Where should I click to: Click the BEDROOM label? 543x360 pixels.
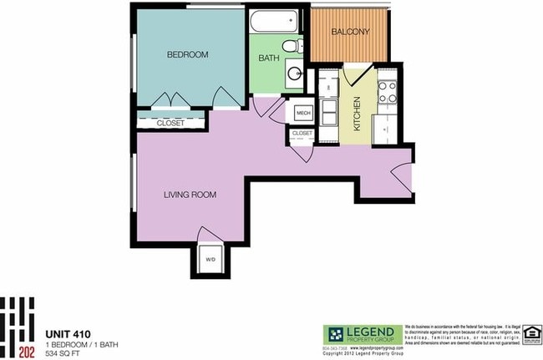tap(187, 54)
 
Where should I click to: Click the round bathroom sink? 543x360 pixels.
tap(295, 73)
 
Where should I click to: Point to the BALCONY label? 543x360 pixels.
tap(350, 32)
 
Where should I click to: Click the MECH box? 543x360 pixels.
tap(302, 111)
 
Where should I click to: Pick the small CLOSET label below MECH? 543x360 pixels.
tap(302, 133)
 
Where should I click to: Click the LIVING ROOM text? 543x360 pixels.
tap(190, 195)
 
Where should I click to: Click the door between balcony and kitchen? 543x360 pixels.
tap(348, 78)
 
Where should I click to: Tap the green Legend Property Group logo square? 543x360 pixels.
tap(336, 332)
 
